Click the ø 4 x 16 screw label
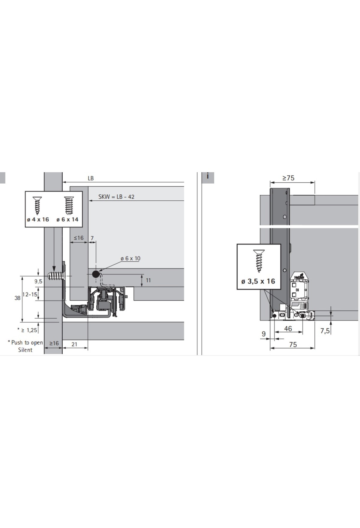point(38,220)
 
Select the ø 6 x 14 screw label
point(67,220)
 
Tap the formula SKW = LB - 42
point(116,197)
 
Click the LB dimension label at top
point(91,178)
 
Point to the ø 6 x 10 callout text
point(130,258)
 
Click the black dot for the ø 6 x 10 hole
point(96,274)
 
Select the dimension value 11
point(148,280)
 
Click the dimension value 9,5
point(38,281)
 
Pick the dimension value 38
point(17,298)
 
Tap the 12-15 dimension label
point(30,295)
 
